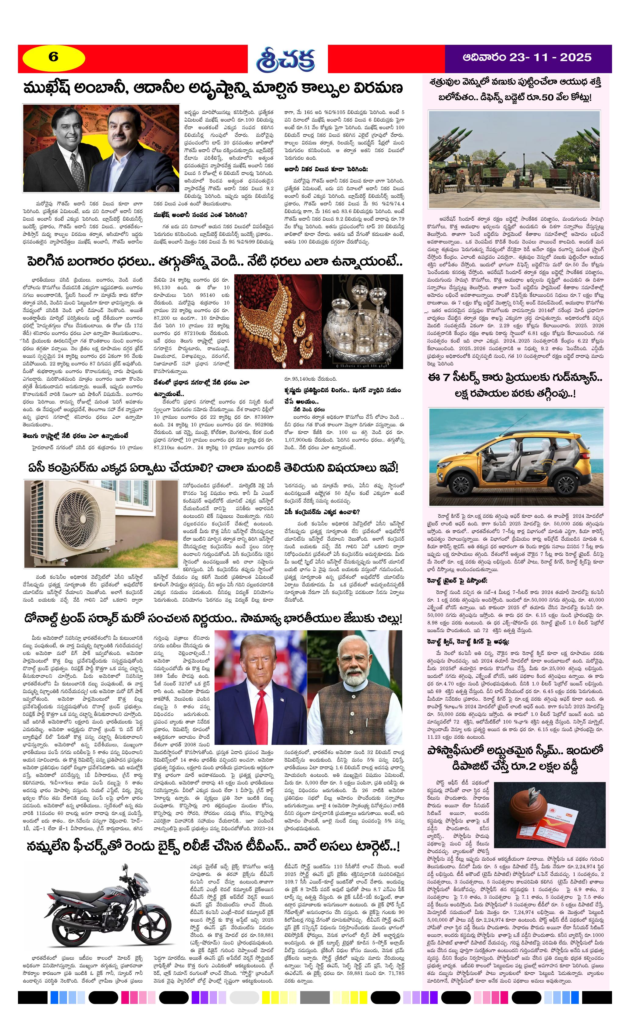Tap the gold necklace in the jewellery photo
[269, 311]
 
